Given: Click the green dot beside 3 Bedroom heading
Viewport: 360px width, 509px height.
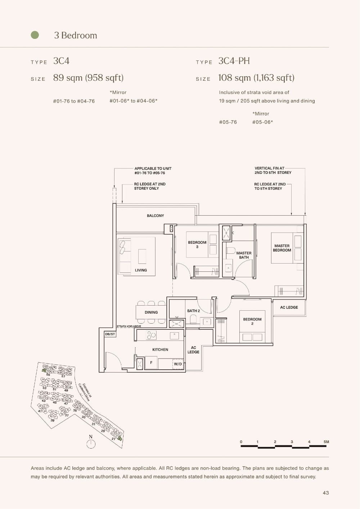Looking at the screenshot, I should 35,35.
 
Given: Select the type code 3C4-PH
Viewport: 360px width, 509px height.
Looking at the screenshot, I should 234,61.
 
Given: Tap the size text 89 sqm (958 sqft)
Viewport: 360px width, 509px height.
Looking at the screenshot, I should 88,78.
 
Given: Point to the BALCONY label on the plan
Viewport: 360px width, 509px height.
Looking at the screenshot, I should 155,216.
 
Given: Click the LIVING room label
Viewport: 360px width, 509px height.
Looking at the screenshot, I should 141,270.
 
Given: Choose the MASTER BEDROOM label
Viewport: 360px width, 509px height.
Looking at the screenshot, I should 282,248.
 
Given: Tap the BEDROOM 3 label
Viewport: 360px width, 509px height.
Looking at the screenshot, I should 197,244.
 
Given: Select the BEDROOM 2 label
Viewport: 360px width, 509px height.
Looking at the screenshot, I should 252,321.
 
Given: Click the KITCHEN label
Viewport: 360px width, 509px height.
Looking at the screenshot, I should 160,350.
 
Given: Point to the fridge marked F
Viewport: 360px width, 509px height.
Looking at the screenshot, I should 151,363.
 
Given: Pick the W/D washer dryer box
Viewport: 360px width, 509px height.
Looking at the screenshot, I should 178,364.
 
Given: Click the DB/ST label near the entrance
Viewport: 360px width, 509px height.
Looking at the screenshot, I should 110,334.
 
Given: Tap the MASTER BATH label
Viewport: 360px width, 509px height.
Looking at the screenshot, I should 244,255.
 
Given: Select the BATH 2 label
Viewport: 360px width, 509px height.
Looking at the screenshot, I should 193,311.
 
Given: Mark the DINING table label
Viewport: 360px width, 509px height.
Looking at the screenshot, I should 151,312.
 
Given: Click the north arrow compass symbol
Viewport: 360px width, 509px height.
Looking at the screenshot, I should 91,443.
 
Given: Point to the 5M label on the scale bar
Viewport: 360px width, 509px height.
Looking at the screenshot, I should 326,442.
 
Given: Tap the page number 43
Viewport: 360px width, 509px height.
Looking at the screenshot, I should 326,493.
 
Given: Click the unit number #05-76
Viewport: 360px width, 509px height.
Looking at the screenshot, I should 228,122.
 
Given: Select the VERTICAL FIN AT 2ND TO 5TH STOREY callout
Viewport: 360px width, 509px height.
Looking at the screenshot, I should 273,170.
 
